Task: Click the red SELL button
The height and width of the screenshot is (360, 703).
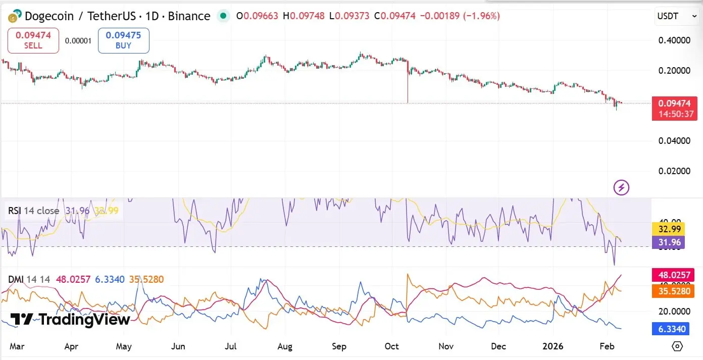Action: point(33,40)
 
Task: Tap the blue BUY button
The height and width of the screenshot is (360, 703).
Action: point(123,40)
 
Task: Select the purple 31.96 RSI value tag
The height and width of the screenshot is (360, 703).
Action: point(669,242)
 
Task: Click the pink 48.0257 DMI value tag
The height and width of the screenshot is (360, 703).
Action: point(672,275)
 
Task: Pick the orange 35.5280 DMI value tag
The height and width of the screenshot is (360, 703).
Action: point(672,290)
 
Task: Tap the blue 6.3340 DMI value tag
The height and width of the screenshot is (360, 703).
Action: point(672,329)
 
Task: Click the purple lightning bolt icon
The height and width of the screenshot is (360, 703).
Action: point(621,188)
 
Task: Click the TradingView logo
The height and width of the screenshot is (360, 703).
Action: point(70,319)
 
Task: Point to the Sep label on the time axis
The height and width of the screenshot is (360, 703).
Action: point(339,346)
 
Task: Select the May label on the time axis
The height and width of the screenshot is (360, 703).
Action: point(124,346)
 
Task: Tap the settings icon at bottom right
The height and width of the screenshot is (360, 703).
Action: point(677,346)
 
